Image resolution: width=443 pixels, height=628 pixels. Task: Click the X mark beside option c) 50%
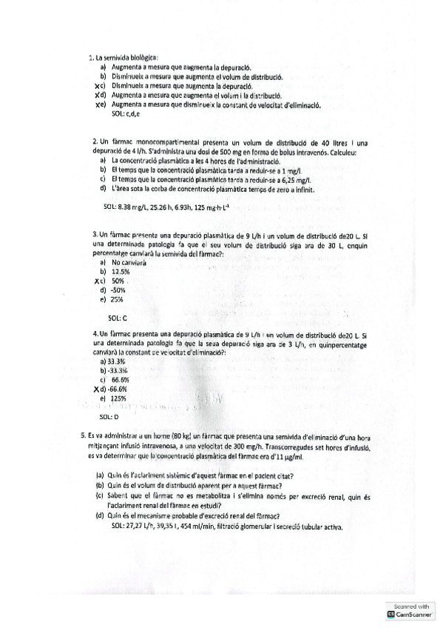point(98,281)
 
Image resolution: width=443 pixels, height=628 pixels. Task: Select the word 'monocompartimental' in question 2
point(164,141)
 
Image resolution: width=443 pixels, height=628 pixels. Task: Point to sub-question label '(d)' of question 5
point(99,516)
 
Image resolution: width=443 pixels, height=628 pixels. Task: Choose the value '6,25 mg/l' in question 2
point(295,179)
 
